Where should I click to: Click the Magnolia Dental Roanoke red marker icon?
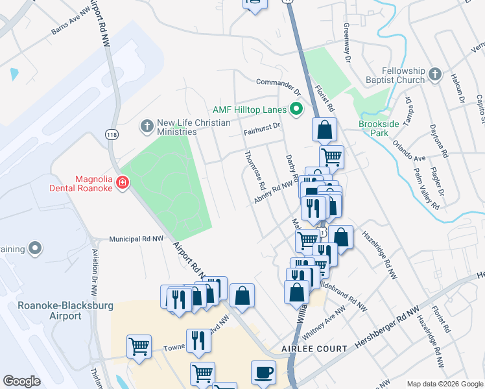coord(121,183)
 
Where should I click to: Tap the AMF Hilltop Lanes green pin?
coord(296,108)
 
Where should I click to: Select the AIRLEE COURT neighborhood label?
coord(305,349)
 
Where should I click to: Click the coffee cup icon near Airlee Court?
coord(263,373)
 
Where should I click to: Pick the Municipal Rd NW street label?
coord(136,239)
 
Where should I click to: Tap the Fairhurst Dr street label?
coord(261,128)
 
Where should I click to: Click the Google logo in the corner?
coord(21,381)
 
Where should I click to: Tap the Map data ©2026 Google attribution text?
coord(444,384)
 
